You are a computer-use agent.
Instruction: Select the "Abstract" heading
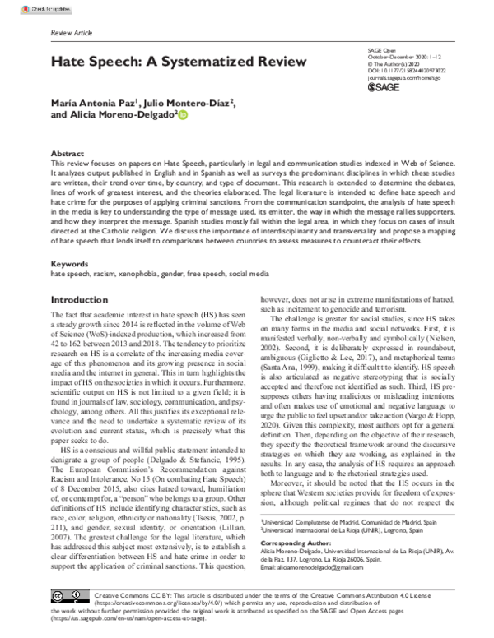click(x=67, y=154)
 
